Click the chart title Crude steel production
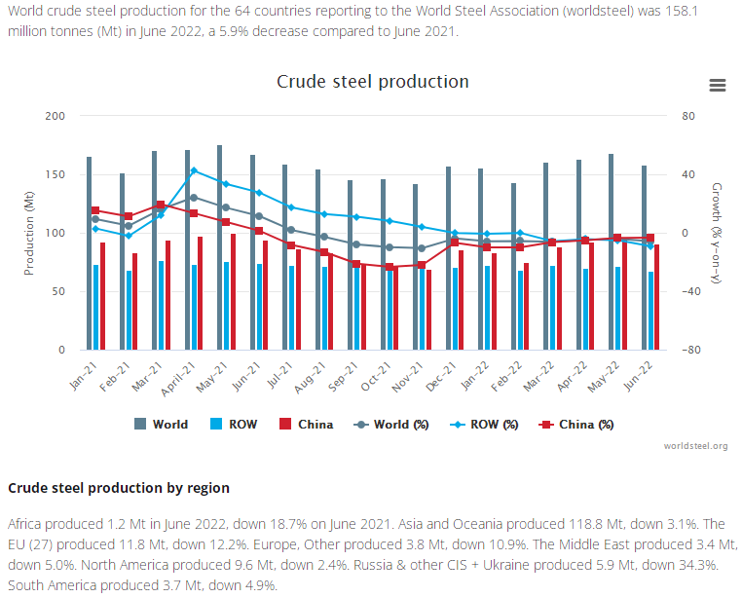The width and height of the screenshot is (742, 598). (x=373, y=82)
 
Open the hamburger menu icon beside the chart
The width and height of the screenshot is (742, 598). (x=718, y=86)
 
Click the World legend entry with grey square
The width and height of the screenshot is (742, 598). (x=162, y=424)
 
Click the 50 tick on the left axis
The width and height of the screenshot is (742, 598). (x=58, y=291)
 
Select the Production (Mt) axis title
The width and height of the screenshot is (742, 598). (x=30, y=233)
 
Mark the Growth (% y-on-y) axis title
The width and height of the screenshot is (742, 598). (x=717, y=233)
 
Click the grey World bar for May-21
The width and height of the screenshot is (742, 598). (x=220, y=247)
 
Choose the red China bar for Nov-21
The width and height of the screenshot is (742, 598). (x=428, y=309)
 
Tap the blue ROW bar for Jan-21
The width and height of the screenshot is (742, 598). (x=95, y=307)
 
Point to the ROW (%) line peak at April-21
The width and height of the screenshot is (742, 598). (x=194, y=170)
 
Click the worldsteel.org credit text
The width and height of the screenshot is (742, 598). (x=695, y=446)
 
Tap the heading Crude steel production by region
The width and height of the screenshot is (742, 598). (x=119, y=487)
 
